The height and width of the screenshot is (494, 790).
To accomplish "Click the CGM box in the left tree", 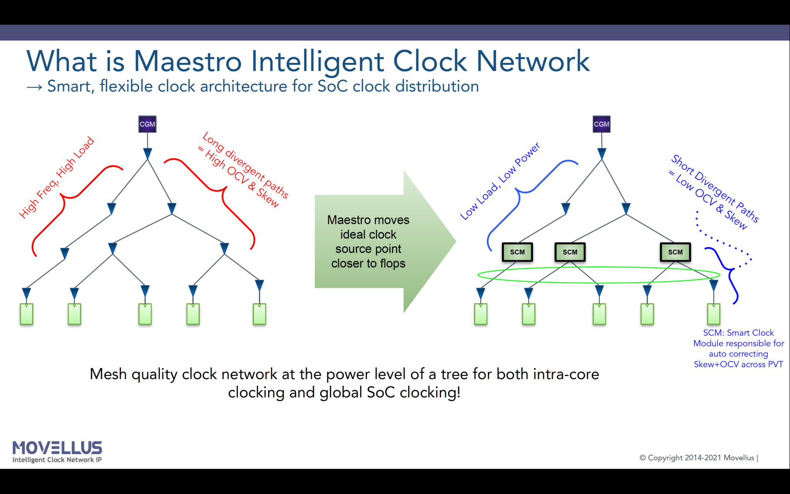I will pyautogui.click(x=147, y=124).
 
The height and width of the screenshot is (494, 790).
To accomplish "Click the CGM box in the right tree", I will pyautogui.click(x=601, y=124).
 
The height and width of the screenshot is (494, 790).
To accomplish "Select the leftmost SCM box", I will pyautogui.click(x=517, y=252).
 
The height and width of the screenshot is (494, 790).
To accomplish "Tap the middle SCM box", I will pyautogui.click(x=570, y=252).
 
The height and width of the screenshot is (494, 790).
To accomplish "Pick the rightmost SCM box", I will pyautogui.click(x=675, y=252).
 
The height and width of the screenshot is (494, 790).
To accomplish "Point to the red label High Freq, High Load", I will pyautogui.click(x=57, y=178).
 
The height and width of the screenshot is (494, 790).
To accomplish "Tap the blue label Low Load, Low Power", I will pyautogui.click(x=500, y=181).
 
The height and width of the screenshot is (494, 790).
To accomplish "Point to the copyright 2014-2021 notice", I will pyautogui.click(x=698, y=458).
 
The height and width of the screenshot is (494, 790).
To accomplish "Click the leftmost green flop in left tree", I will pyautogui.click(x=26, y=314).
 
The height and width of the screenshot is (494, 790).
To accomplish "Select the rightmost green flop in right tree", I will pyautogui.click(x=713, y=314).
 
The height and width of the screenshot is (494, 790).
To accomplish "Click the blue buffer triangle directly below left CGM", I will pyautogui.click(x=147, y=154).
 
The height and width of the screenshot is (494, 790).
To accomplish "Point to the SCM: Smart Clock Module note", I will pyautogui.click(x=738, y=348).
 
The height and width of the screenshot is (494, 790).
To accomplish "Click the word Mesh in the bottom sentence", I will pyautogui.click(x=108, y=374).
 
